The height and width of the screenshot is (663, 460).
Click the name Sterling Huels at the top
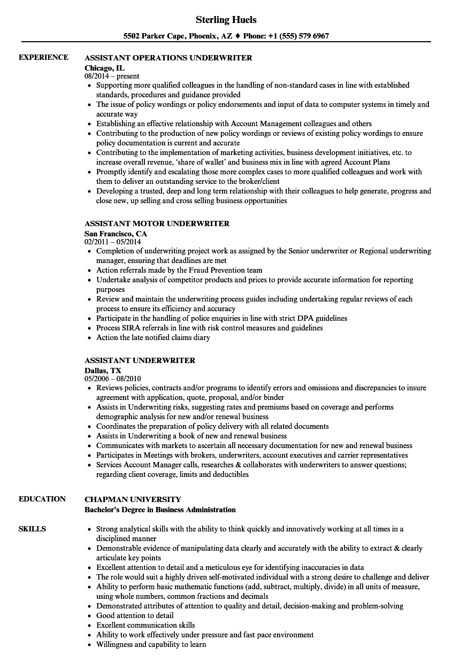[226, 20]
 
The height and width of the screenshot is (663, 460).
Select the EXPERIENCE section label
[43, 57]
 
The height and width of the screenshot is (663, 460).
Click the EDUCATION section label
[42, 499]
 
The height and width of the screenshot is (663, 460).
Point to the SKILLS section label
[32, 529]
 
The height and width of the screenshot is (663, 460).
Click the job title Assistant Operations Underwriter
[168, 58]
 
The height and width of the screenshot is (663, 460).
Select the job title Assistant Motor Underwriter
[157, 223]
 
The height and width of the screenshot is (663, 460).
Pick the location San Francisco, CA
[116, 233]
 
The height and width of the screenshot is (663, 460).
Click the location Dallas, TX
[103, 370]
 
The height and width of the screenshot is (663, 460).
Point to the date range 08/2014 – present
[112, 76]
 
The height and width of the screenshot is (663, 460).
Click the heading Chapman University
[133, 499]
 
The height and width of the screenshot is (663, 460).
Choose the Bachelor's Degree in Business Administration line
[160, 510]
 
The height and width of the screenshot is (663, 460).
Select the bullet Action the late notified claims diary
[153, 337]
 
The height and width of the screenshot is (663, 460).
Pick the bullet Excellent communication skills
[145, 625]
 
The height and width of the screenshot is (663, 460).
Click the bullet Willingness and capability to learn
[151, 644]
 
